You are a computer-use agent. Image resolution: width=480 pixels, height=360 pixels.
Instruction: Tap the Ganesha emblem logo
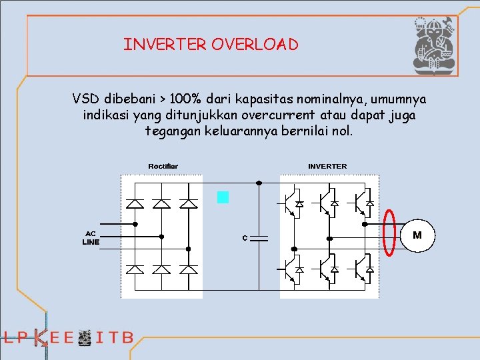point(434,45)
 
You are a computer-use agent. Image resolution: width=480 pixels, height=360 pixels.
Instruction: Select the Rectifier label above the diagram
point(163,166)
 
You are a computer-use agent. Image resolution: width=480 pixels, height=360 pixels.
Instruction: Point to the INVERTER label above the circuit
point(327,166)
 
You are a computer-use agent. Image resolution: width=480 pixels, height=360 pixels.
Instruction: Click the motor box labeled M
point(417,235)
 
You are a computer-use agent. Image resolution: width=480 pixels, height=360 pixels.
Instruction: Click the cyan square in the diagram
point(223,197)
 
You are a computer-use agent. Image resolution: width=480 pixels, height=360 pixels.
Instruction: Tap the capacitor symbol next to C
point(259,238)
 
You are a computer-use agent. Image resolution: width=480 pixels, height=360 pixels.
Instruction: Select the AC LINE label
point(91,238)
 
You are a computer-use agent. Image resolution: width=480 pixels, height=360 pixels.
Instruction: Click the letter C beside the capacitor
point(245,238)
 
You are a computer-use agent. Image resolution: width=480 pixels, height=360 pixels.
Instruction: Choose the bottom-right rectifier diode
point(189,269)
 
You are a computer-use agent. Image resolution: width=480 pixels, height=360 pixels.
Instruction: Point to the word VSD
point(86,99)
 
